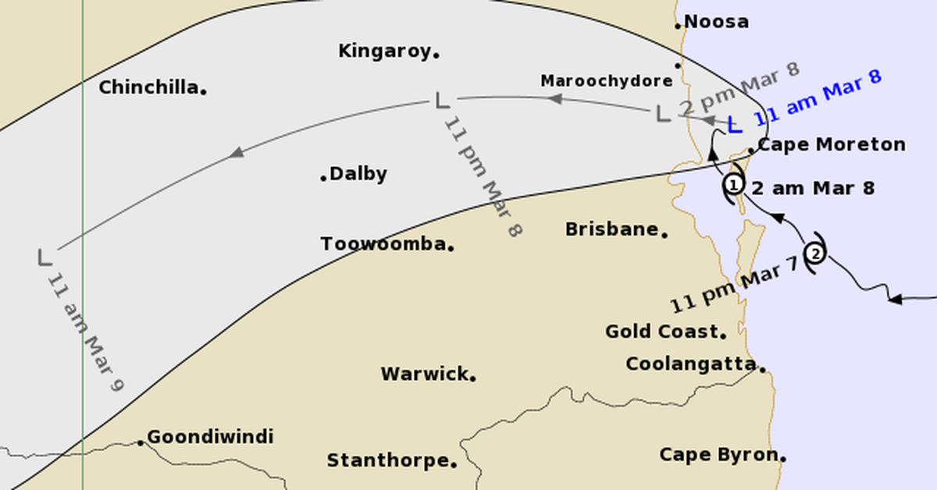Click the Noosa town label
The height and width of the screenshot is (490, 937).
pyautogui.click(x=716, y=22)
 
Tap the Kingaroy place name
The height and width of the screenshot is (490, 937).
pyautogui.click(x=384, y=51)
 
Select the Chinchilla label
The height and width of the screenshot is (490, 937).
pyautogui.click(x=148, y=87)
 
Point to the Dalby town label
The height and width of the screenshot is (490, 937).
pyautogui.click(x=358, y=174)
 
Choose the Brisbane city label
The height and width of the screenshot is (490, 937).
pyautogui.click(x=611, y=229)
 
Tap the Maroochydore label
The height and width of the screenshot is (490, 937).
pyautogui.click(x=606, y=81)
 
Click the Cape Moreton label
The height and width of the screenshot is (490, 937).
pyautogui.click(x=832, y=144)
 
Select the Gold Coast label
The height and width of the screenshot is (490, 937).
pyautogui.click(x=661, y=332)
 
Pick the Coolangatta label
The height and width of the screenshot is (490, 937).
pyautogui.click(x=691, y=364)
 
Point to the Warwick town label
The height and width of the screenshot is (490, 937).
pyautogui.click(x=424, y=374)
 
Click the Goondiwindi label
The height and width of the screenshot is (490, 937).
pyautogui.click(x=210, y=437)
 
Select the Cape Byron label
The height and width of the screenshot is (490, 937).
pyautogui.click(x=718, y=454)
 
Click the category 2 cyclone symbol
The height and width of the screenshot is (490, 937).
pyautogui.click(x=815, y=253)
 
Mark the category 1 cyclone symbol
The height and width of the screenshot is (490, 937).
pyautogui.click(x=733, y=186)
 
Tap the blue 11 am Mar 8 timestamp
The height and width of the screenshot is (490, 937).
pyautogui.click(x=817, y=98)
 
